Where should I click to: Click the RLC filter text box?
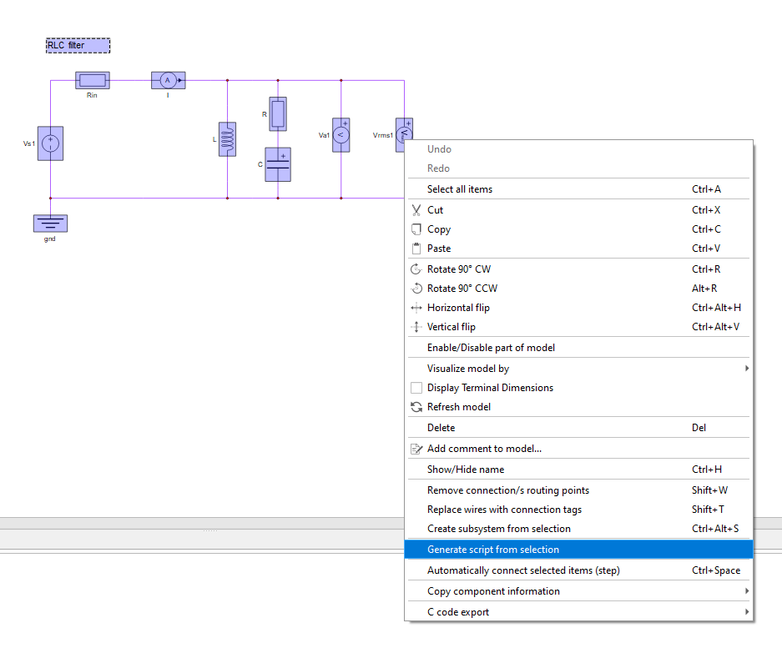coord(78,45)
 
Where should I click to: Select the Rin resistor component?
coord(93,80)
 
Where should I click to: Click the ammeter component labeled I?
coord(168,80)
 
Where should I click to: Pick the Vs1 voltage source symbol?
coord(50,143)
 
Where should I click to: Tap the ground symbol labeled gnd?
coord(50,224)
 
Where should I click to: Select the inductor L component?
coord(227,139)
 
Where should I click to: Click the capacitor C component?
coord(278,164)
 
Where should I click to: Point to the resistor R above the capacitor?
coord(278,114)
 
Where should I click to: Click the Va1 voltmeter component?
coord(341,135)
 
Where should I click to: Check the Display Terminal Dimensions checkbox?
coord(416,388)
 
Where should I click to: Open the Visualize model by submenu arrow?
coord(747,369)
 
